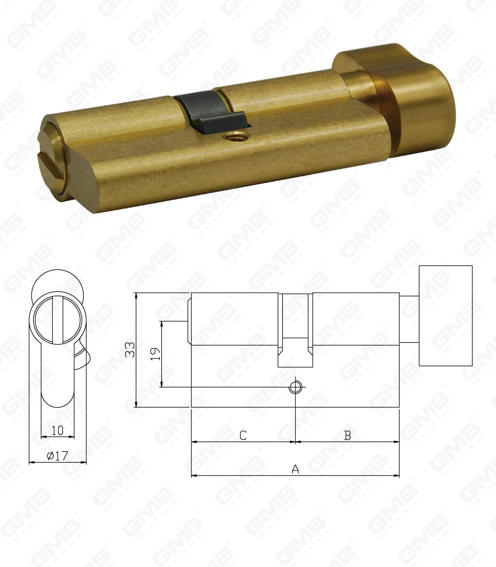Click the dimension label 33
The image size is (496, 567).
129,349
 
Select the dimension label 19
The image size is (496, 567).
154,354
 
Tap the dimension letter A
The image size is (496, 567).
295,469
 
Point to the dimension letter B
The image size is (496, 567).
347,435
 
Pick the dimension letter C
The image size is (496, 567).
243,435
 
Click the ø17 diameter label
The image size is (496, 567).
57,456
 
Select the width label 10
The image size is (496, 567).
57,430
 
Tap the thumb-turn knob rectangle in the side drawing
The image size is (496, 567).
445,315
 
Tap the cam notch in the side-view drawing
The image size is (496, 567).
295,352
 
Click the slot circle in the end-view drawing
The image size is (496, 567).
57,321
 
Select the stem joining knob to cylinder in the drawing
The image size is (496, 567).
409,319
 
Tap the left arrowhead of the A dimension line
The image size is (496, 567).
193,475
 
